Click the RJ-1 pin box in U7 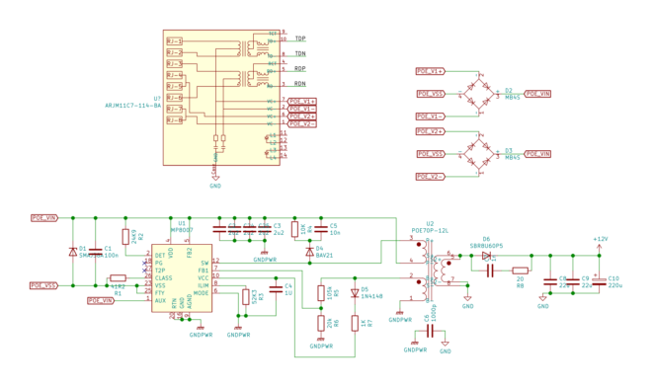pos(174,41)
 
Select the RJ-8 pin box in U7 pos(174,120)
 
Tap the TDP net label pos(299,39)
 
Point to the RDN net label pos(299,84)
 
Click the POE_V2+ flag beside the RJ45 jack pos(301,116)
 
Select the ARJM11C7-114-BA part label pos(132,105)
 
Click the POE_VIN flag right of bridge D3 pos(537,154)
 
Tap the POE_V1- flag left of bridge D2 pos(430,116)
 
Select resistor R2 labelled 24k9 pos(132,236)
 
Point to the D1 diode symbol pos(72,251)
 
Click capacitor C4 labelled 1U pos(276,289)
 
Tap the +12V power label pos(600,239)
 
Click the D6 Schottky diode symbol pos(486,256)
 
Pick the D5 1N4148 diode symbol pos(355,292)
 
